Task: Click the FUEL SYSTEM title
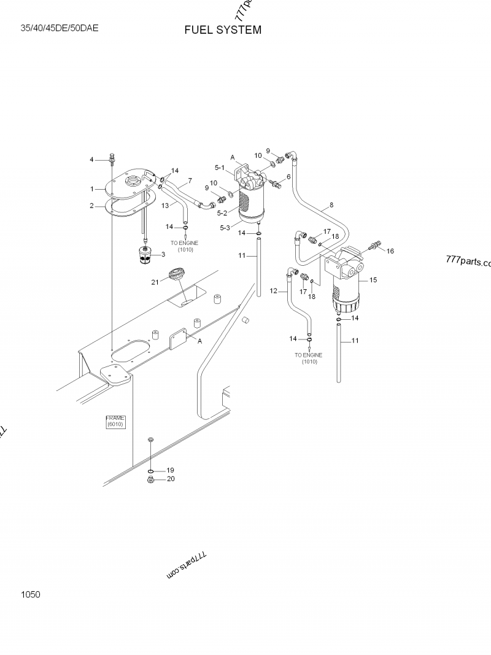click(x=223, y=30)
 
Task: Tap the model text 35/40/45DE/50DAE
click(x=60, y=28)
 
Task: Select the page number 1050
click(x=30, y=594)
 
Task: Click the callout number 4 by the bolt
click(x=92, y=160)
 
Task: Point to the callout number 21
click(x=155, y=282)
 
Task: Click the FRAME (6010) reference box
click(x=115, y=421)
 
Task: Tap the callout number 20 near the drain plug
click(x=171, y=479)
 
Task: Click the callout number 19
click(x=171, y=470)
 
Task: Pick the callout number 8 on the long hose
click(x=331, y=204)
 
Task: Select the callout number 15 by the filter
click(x=373, y=280)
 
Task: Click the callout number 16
click(x=390, y=250)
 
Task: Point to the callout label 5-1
click(x=220, y=167)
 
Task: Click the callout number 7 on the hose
click(x=190, y=180)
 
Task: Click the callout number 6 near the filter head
click(x=288, y=177)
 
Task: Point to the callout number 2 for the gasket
click(x=92, y=206)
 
